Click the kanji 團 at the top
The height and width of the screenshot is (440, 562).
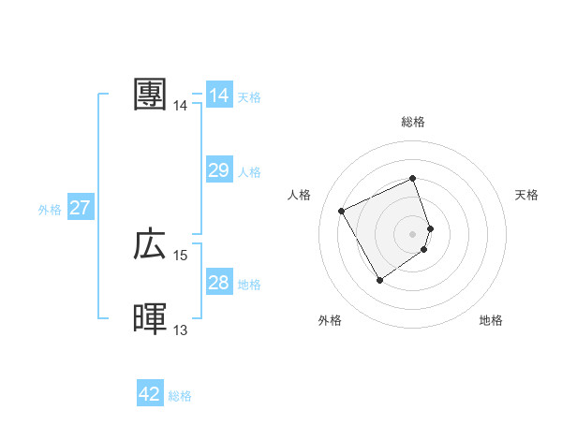tap(151, 95)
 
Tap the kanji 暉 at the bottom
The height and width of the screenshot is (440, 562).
tap(151, 319)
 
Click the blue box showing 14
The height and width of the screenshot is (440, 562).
tap(219, 95)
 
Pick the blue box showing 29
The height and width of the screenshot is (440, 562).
tap(219, 170)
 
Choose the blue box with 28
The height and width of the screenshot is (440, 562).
tap(219, 283)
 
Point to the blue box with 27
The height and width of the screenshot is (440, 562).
tap(80, 208)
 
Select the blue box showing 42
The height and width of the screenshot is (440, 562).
tap(150, 394)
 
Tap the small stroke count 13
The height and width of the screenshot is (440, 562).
tap(181, 330)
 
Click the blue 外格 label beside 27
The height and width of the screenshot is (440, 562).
tap(50, 210)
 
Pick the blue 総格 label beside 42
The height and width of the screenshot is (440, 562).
tap(180, 396)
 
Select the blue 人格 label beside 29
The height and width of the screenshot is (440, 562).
tap(249, 172)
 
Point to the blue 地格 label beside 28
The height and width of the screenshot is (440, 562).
tap(249, 285)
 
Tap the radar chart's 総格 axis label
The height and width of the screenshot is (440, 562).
tap(413, 122)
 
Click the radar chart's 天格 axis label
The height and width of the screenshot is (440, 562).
tap(527, 195)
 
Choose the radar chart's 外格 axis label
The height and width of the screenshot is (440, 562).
tap(330, 320)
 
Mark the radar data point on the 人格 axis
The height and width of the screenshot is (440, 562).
tap(342, 211)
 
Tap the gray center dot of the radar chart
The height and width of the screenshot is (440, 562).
tap(413, 233)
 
